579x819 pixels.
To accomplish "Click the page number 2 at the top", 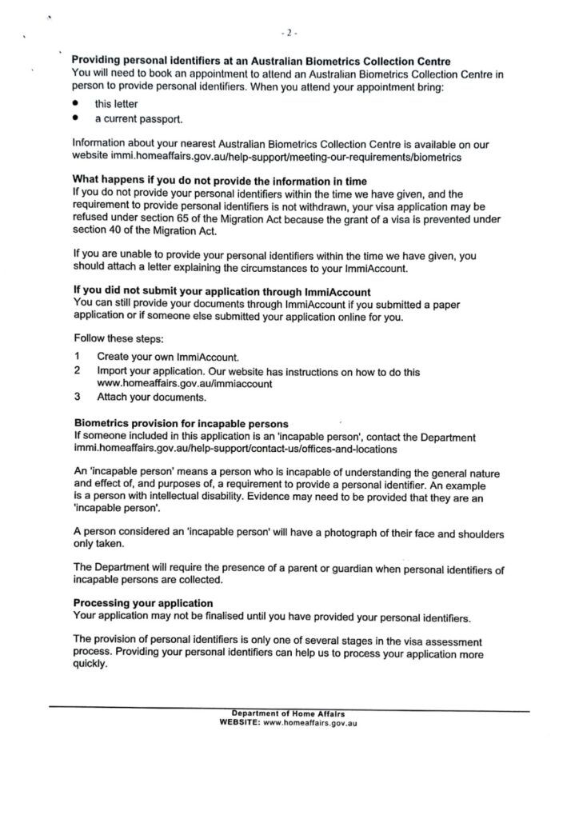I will coord(289,34).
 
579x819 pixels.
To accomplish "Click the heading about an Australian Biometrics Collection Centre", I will coord(262,62).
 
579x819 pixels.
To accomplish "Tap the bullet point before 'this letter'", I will coord(76,104).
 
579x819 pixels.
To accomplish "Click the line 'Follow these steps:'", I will coord(118,338).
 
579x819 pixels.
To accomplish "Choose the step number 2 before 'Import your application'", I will coord(77,371).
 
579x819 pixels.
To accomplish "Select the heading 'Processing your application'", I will coord(143,602).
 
